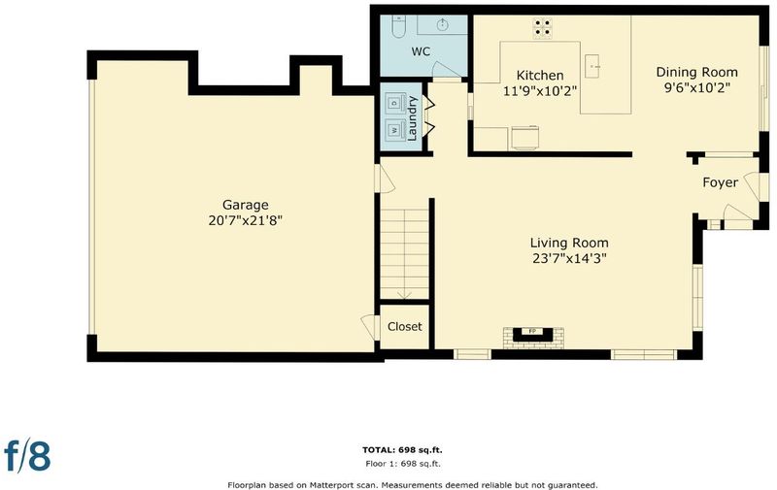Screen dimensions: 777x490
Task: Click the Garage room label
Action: click(x=246, y=205)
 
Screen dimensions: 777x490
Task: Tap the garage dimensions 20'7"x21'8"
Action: click(x=246, y=220)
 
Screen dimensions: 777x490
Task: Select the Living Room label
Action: click(x=569, y=243)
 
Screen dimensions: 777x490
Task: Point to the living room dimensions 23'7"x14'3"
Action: click(x=569, y=258)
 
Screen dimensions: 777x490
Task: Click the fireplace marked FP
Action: click(x=533, y=334)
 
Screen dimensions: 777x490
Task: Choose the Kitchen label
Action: click(x=540, y=76)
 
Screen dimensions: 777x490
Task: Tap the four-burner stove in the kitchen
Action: click(x=543, y=28)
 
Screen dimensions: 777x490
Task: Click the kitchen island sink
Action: click(x=593, y=66)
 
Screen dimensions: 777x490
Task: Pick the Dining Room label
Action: click(x=696, y=72)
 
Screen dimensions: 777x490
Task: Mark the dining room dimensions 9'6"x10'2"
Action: click(x=696, y=87)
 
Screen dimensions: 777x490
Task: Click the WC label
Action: click(x=421, y=51)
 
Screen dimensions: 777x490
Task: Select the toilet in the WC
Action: click(x=399, y=26)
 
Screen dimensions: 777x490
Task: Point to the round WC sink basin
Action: click(x=442, y=25)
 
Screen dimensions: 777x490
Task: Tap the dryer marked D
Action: click(x=395, y=103)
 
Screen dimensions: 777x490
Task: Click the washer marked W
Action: click(x=395, y=130)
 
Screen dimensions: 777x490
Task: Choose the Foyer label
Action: click(x=720, y=182)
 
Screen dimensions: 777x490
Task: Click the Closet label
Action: click(x=405, y=327)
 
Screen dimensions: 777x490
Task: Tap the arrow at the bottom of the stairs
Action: click(x=404, y=294)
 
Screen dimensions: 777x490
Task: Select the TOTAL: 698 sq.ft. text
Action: click(x=402, y=450)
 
